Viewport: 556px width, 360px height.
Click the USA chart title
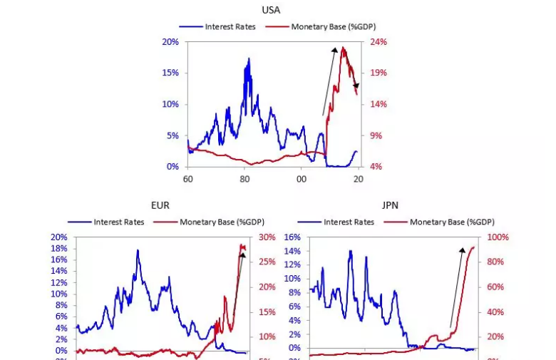271,10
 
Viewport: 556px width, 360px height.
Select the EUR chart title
160,205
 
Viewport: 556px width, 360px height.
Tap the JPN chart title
391,205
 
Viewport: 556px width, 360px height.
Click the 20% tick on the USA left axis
170,42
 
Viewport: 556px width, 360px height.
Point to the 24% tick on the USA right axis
378,42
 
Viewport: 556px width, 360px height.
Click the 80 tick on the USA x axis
244,179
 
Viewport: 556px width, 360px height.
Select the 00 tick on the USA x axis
302,179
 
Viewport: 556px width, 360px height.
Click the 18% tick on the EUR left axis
59,248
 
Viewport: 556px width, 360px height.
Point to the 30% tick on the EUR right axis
267,237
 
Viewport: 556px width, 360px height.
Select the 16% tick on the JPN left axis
292,237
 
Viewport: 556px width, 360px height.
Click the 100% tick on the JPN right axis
498,237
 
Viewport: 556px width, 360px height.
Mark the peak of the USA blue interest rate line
249,58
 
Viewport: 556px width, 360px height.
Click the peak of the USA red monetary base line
343,48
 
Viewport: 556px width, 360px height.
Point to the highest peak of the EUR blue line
137,250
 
